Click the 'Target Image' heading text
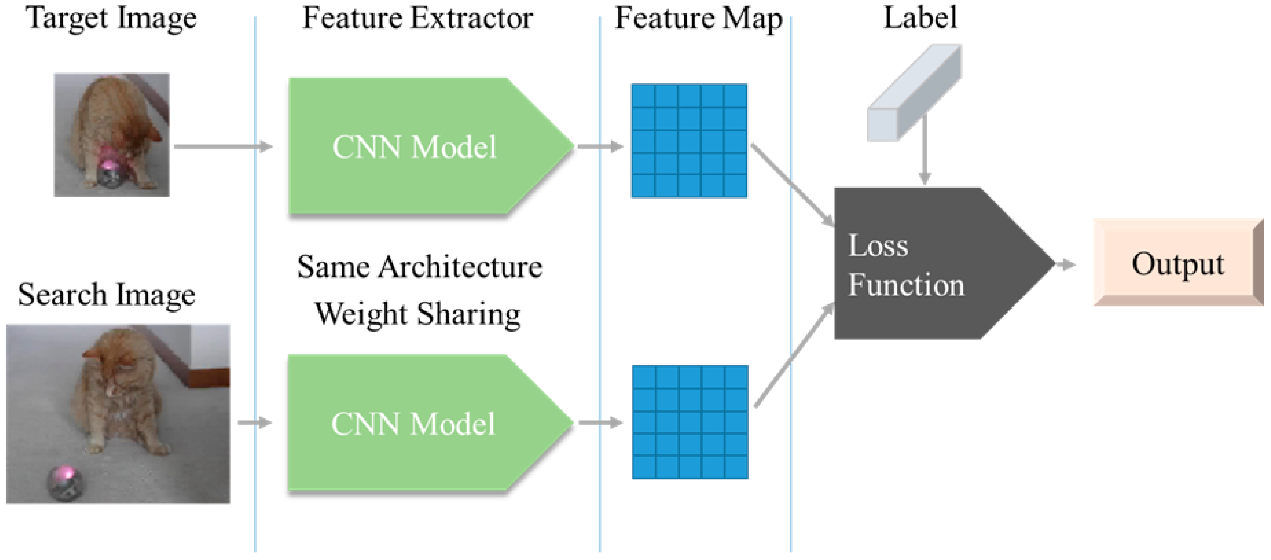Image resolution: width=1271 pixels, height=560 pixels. pyautogui.click(x=111, y=19)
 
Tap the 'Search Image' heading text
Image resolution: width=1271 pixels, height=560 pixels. pyautogui.click(x=106, y=295)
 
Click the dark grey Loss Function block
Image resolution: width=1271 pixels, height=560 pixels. pyautogui.click(x=927, y=264)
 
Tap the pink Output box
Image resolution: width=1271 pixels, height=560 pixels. pyautogui.click(x=1177, y=264)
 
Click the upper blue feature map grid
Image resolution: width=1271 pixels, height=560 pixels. pyautogui.click(x=689, y=141)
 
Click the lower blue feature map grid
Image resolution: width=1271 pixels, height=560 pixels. pyautogui.click(x=690, y=422)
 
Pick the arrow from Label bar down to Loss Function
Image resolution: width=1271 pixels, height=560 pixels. pyautogui.click(x=925, y=150)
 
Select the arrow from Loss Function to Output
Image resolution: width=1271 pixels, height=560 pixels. pyautogui.click(x=1066, y=265)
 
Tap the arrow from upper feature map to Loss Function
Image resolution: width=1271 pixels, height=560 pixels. pyautogui.click(x=792, y=185)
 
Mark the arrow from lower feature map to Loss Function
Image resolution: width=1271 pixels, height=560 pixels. pyautogui.click(x=794, y=355)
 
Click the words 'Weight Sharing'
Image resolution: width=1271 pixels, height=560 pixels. pyautogui.click(x=418, y=314)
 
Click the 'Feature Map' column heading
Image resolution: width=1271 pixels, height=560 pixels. pyautogui.click(x=698, y=19)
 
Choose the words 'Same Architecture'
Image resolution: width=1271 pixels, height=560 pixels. pyautogui.click(x=419, y=267)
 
